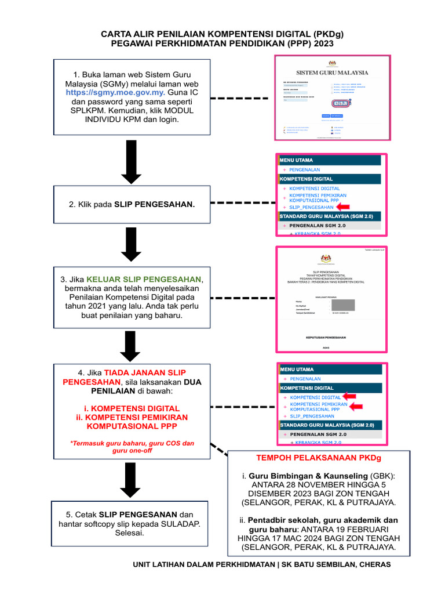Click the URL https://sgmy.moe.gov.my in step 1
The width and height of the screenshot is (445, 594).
pos(115,92)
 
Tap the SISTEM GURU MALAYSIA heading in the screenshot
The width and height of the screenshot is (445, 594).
pos(332,73)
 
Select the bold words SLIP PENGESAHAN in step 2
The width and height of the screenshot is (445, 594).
pos(154,205)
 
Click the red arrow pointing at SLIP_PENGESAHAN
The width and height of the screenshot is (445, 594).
pos(344,207)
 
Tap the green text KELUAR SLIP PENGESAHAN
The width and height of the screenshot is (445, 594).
pos(144,279)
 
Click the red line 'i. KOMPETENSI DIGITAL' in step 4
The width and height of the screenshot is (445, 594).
pos(132,408)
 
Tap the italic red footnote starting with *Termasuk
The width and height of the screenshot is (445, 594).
pos(132,447)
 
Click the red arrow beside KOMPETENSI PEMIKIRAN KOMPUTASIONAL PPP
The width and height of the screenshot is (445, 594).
pos(354,406)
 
